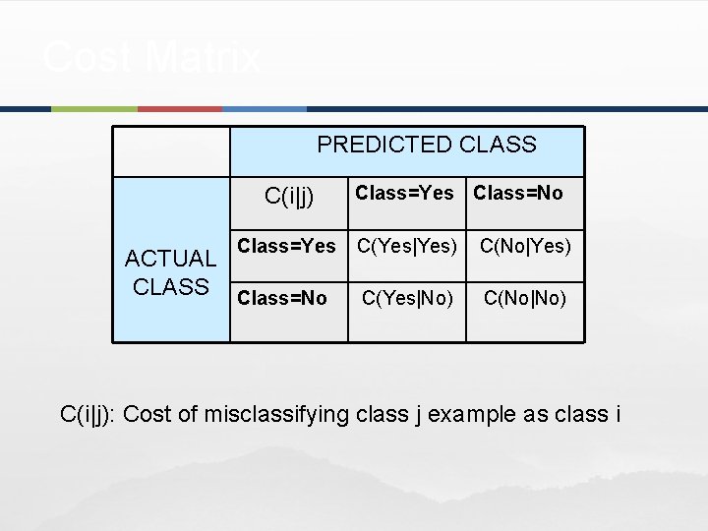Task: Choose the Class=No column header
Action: [x=518, y=194]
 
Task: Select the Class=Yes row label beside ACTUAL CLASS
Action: [x=287, y=246]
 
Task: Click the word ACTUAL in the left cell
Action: [x=170, y=259]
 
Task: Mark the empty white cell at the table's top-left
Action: [x=171, y=150]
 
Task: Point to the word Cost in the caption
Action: [x=147, y=414]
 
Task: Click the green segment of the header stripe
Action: [x=93, y=109]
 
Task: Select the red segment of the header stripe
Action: [x=180, y=109]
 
